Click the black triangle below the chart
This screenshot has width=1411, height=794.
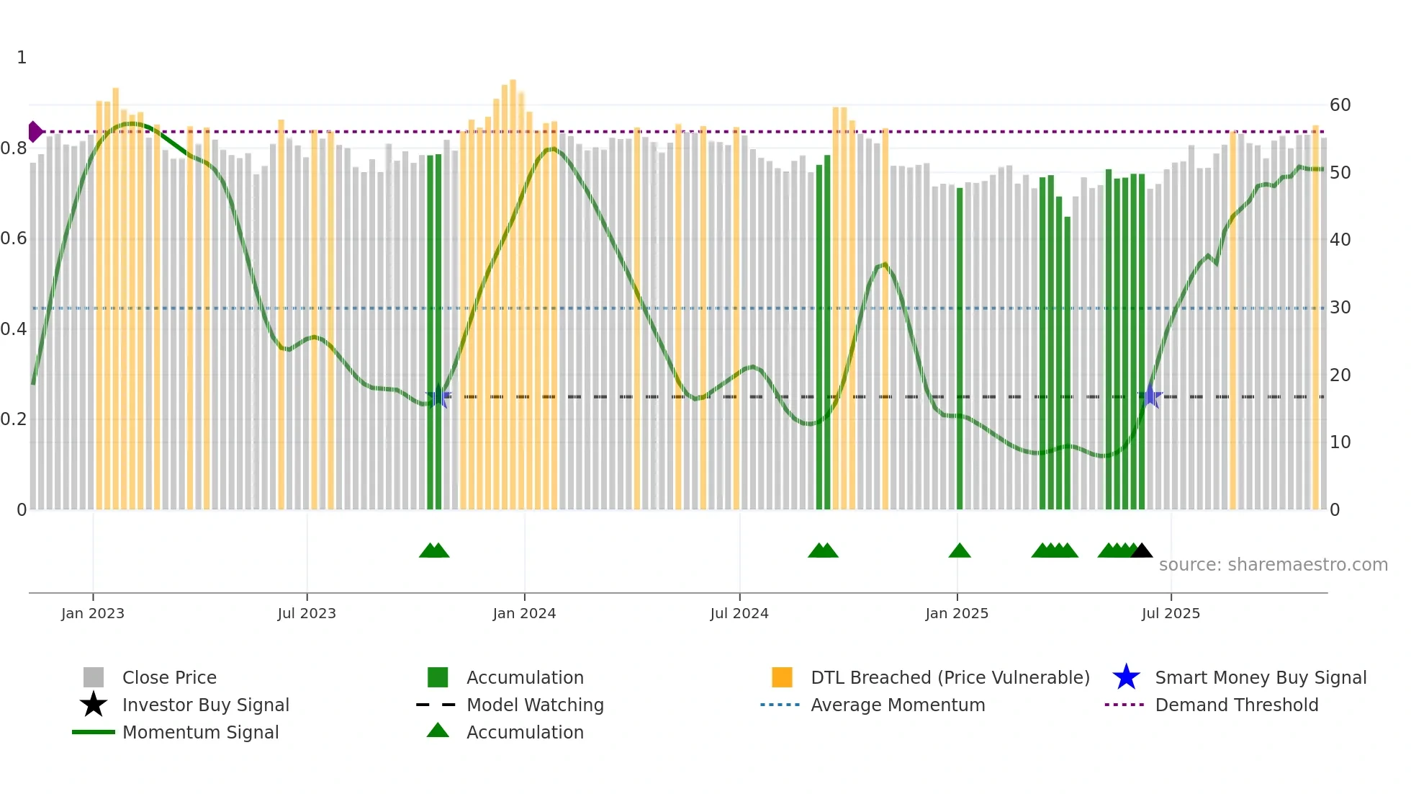1142,551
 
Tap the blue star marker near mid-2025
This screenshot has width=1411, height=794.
1150,396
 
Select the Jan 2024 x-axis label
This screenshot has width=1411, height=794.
524,613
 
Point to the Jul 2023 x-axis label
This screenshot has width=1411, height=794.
307,613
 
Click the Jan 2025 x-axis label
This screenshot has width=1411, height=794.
957,613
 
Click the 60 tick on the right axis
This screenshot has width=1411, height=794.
1340,105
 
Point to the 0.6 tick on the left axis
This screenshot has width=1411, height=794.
14,238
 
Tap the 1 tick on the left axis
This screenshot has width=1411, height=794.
22,58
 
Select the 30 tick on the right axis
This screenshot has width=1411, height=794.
1340,308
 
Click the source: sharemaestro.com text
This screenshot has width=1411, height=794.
1273,565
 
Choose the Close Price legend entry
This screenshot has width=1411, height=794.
169,677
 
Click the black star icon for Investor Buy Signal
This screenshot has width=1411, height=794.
94,705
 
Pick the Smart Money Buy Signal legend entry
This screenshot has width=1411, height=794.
1260,677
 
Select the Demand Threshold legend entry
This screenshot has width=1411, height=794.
1236,705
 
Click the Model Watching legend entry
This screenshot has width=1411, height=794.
534,705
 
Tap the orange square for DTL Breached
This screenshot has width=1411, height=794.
782,677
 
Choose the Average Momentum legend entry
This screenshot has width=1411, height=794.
897,705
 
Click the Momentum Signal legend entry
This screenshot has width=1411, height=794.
200,732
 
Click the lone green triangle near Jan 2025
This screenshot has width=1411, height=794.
960,551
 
